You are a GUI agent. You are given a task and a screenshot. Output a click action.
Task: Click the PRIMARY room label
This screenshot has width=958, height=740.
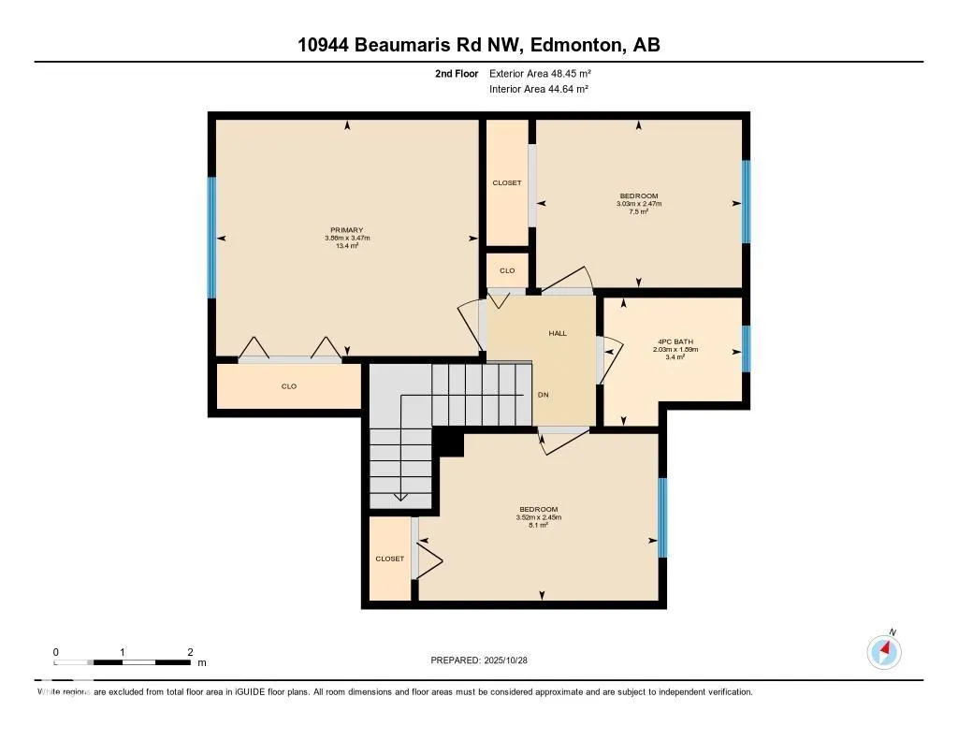[346, 230]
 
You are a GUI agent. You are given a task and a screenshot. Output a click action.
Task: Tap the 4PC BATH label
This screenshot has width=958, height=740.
[675, 341]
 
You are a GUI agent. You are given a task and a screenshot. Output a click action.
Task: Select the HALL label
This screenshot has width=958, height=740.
[558, 333]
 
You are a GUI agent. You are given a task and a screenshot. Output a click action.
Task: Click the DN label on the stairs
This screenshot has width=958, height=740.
[543, 395]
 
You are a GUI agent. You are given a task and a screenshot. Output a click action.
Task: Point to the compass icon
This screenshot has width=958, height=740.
[884, 651]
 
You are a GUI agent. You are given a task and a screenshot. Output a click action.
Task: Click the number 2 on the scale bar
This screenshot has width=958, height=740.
[190, 652]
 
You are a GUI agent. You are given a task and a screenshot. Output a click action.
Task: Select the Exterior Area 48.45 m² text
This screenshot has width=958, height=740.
[540, 73]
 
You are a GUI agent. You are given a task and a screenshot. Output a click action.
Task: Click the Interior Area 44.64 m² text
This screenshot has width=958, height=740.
[539, 90]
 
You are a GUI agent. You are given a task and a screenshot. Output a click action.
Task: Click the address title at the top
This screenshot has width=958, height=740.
[479, 45]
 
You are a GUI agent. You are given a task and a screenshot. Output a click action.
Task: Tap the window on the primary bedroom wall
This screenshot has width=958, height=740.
[212, 238]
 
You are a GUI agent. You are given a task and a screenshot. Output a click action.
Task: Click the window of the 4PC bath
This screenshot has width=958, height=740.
[746, 349]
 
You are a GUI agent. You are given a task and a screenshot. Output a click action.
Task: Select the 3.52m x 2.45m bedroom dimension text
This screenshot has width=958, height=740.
[539, 517]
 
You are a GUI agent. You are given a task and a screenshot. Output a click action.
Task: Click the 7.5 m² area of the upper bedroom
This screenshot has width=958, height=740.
[639, 211]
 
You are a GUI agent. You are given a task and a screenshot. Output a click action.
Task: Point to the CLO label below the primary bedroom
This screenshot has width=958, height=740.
[289, 386]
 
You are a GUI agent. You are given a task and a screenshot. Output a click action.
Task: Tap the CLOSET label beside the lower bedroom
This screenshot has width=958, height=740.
[390, 559]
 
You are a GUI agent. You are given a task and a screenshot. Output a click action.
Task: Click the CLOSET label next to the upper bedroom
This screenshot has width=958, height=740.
[507, 183]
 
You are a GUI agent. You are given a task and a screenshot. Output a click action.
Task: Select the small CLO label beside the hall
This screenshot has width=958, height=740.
[507, 271]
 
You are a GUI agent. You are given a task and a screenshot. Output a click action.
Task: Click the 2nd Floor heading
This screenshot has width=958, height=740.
[457, 73]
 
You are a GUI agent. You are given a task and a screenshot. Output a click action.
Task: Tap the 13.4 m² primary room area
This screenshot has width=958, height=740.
[346, 246]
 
